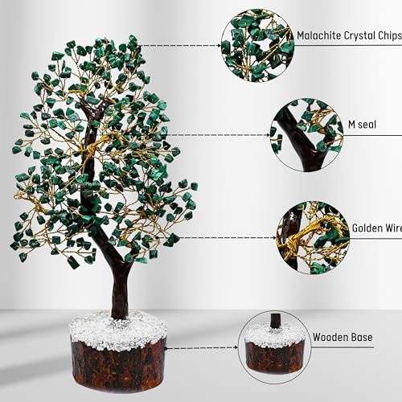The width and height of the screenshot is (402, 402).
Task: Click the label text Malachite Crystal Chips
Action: point(347,35)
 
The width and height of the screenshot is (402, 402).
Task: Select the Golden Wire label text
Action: point(375,228)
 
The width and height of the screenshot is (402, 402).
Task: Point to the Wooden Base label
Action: point(343,337)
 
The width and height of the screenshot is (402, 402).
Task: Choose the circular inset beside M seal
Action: point(306,134)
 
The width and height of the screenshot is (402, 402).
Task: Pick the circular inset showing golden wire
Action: point(314,237)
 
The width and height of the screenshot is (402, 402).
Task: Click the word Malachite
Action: point(321,35)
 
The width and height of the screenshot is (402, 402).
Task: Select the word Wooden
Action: point(330,337)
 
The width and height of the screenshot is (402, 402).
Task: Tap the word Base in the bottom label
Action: point(361,337)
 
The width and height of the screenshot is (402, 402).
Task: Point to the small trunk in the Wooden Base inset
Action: point(275,320)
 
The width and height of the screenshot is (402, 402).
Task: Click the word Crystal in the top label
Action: point(359,35)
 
